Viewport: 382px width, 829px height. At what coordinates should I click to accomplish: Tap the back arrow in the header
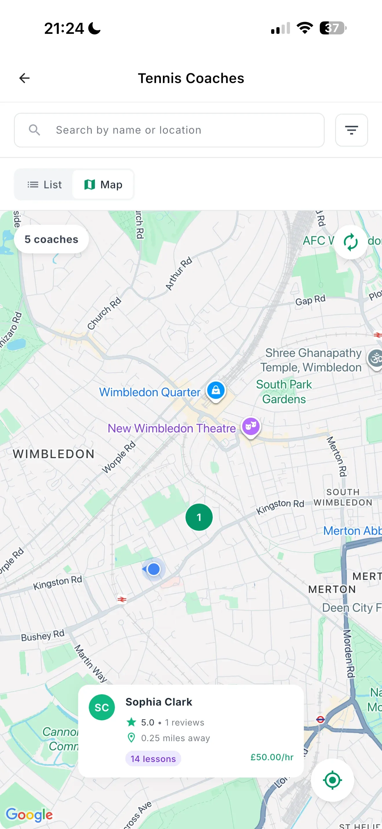point(25,78)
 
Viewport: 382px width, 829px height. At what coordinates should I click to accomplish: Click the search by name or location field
point(169,130)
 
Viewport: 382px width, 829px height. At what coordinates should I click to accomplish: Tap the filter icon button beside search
point(351,130)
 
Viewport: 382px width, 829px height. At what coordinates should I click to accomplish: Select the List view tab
point(45,185)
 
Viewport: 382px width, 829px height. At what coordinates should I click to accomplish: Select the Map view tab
point(103,185)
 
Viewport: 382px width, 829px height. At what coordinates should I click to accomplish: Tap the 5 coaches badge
point(51,239)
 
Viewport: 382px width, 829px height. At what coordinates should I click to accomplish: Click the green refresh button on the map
point(350,242)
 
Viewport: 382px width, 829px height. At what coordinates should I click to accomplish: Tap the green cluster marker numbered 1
point(199,517)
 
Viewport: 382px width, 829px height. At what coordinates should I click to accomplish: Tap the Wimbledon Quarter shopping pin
point(216,390)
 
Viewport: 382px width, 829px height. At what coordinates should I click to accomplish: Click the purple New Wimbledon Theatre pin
point(251,426)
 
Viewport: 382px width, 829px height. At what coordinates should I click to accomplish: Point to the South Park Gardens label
point(284,392)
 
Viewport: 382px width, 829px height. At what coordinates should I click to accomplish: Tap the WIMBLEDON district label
point(54,454)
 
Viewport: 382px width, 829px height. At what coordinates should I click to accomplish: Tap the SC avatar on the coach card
point(102,707)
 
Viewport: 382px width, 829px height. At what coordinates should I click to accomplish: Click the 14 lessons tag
point(153,759)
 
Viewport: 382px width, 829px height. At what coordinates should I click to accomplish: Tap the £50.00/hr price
point(272,757)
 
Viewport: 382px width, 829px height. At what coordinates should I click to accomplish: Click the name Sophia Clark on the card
point(159,702)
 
